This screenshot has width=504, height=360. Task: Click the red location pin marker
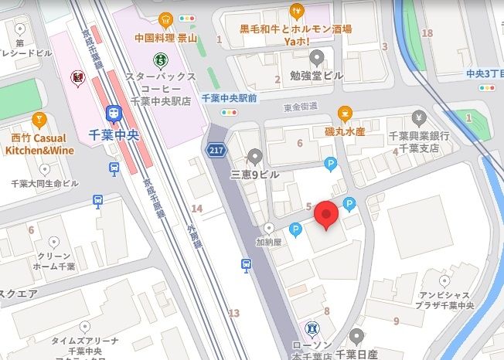[x=327, y=214]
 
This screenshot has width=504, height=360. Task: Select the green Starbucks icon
[x=161, y=57]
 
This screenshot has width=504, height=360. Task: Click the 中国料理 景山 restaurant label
[x=164, y=36]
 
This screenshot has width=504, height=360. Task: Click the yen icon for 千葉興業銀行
[x=419, y=118]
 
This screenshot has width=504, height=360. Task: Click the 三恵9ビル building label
[x=254, y=175]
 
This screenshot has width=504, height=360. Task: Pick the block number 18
[x=427, y=32]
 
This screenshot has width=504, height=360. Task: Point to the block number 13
[x=234, y=313]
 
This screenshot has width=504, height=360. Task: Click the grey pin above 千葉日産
[x=356, y=336]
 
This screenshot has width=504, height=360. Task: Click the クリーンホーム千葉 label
[x=54, y=261]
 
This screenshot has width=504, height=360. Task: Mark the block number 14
[x=197, y=209]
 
